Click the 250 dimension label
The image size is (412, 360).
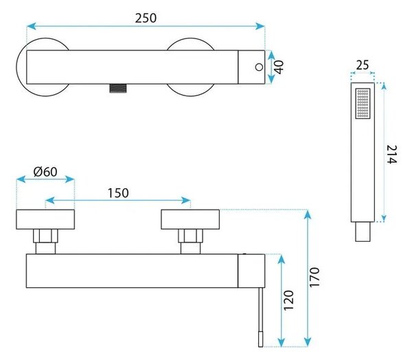tap(146, 18)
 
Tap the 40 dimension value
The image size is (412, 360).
tap(279, 67)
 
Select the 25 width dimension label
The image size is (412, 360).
tap(363, 65)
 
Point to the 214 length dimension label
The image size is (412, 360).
tap(392, 155)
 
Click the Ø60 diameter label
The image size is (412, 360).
tap(45, 172)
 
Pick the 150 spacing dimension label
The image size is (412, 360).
tap(118, 193)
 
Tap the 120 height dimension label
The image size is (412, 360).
tap(288, 300)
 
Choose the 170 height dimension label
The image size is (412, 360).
tap(314, 277)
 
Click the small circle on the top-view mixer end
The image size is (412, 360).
tap(259, 67)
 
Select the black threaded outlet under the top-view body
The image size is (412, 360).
tap(118, 88)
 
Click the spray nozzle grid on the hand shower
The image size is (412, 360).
tap(363, 103)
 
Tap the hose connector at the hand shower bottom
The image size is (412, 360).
tap(363, 232)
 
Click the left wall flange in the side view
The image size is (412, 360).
tap(45, 219)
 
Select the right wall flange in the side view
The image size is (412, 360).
tap(190, 219)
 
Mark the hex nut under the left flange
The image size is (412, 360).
tap(45, 236)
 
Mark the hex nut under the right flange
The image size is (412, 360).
tap(190, 236)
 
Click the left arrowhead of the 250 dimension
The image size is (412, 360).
tap(32, 26)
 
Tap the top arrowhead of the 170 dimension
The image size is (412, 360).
tap(308, 214)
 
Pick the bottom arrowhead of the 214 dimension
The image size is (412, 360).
tap(384, 218)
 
